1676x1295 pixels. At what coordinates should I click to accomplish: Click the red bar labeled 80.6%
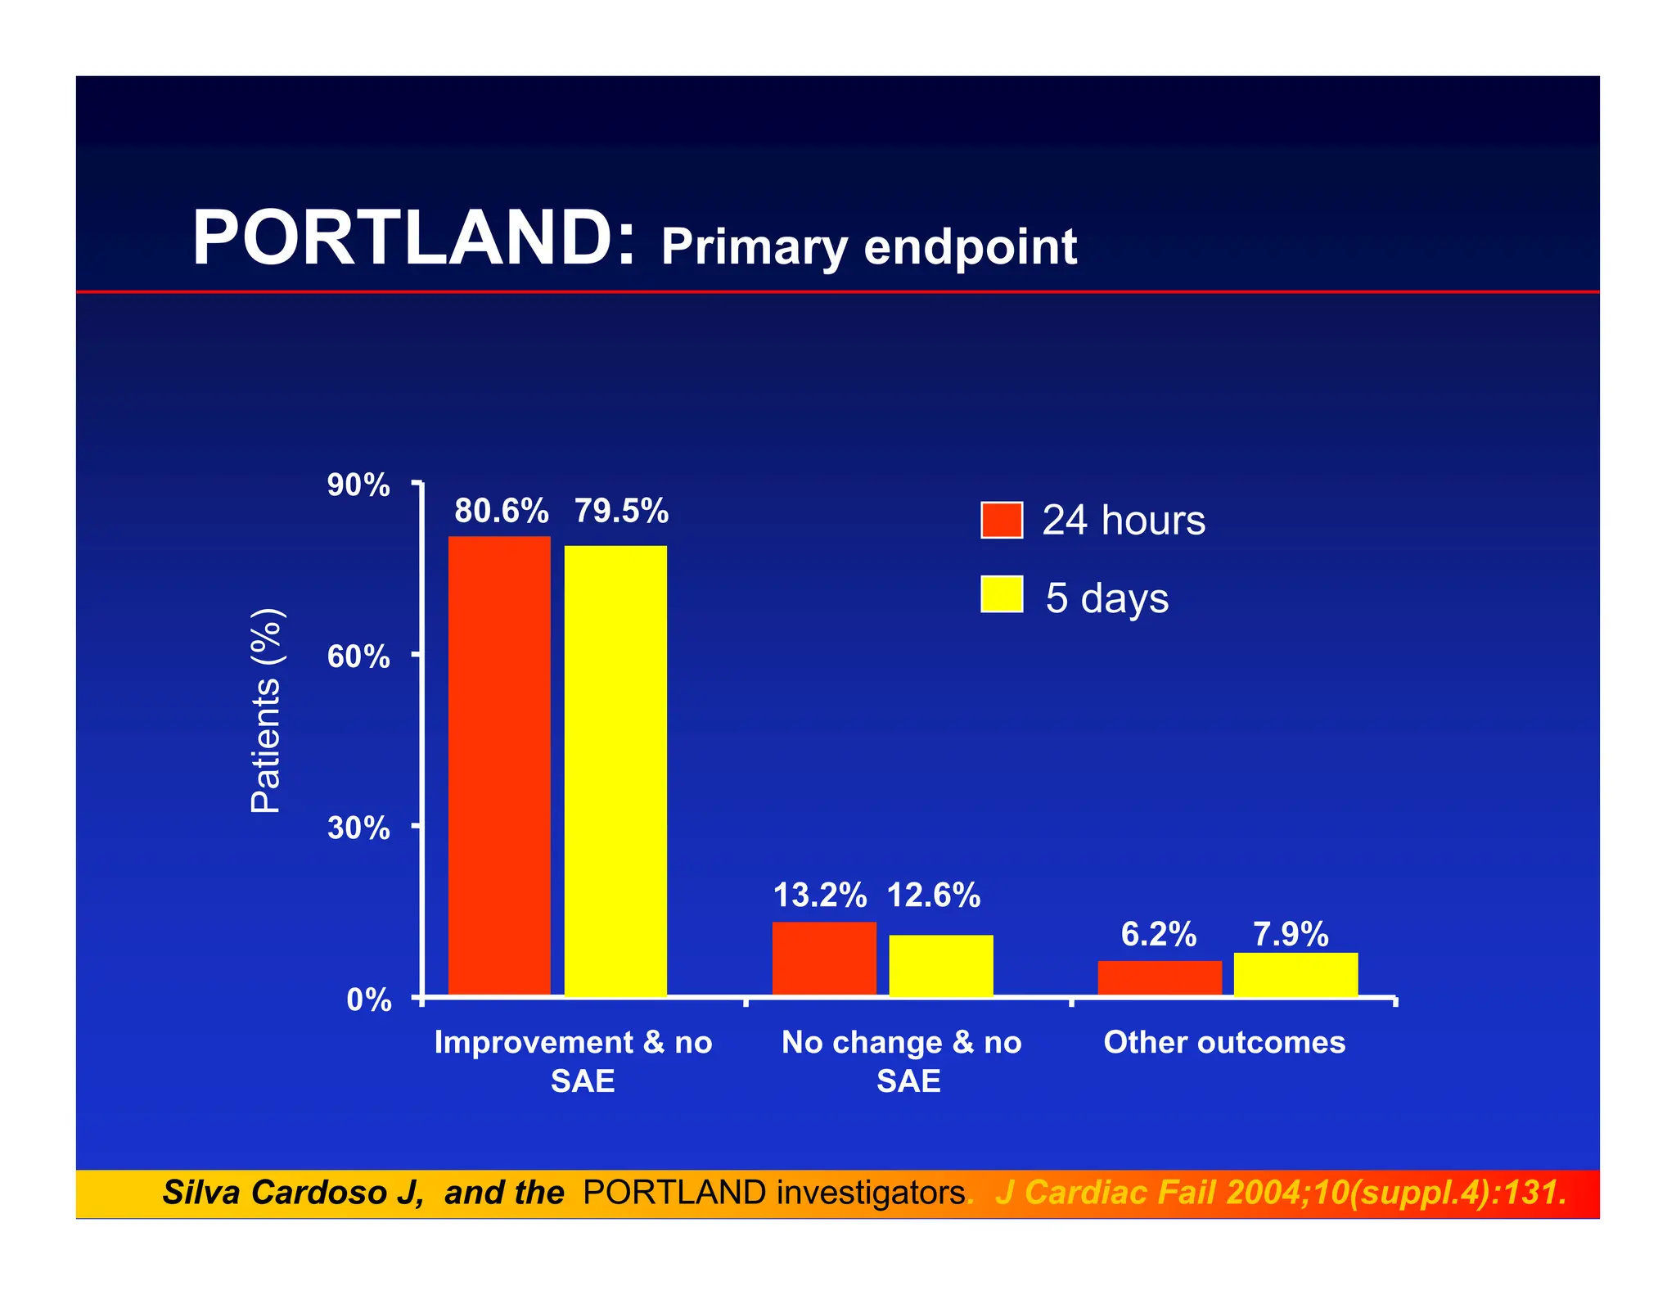(x=499, y=765)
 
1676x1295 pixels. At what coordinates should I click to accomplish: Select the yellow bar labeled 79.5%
(x=615, y=769)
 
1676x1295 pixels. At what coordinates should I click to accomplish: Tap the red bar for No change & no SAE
(x=824, y=959)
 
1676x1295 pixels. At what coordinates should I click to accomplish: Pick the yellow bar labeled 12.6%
(x=941, y=965)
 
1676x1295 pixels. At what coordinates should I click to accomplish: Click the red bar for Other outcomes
(x=1160, y=978)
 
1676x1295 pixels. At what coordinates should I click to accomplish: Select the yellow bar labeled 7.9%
(x=1295, y=974)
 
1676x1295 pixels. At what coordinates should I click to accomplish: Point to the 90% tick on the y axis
(x=358, y=485)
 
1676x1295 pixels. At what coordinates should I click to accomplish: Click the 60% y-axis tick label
(x=358, y=657)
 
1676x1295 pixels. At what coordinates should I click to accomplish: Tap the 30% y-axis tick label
(x=358, y=828)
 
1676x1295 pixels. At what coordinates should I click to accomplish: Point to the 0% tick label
(x=368, y=999)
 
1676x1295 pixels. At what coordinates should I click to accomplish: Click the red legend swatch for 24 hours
(x=1002, y=520)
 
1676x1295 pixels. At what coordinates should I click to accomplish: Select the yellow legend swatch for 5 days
(x=1002, y=594)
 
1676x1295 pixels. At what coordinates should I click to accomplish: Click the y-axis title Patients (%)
(x=266, y=711)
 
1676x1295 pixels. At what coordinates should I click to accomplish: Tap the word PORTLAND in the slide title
(x=413, y=238)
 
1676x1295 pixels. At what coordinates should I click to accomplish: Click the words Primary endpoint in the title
(x=868, y=247)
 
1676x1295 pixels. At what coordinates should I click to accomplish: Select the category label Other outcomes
(x=1224, y=1042)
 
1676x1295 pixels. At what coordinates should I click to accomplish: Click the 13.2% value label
(x=820, y=896)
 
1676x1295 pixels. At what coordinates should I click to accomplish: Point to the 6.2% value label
(x=1158, y=934)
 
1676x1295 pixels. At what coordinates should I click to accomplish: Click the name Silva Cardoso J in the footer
(x=292, y=1193)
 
